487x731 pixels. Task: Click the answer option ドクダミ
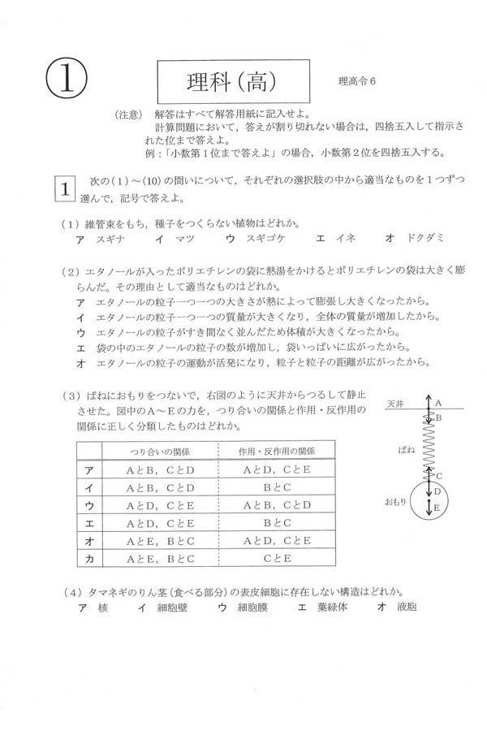[x=415, y=240]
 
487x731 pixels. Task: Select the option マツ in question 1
[x=181, y=240]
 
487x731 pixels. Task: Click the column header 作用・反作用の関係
[x=276, y=451]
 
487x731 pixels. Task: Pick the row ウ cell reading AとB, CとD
[x=276, y=505]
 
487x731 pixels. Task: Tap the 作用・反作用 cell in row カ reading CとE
[x=276, y=559]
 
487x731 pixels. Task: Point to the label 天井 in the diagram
[x=395, y=403]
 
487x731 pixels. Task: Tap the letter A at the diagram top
[x=437, y=402]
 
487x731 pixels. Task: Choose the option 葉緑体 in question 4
[x=323, y=607]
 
